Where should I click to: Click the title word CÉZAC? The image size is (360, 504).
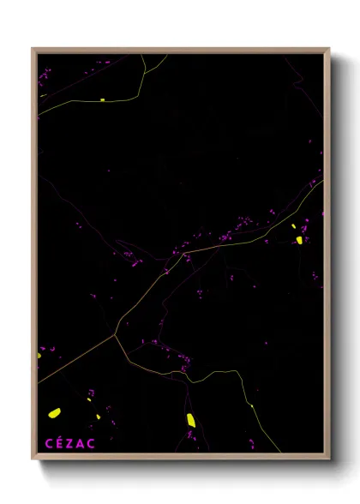click(70, 443)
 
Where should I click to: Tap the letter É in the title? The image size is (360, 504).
click(59, 443)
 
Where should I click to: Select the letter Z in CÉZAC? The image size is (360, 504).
click(70, 443)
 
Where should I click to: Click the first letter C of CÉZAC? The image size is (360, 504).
click(48, 443)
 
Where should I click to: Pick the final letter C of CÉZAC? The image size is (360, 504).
click(92, 443)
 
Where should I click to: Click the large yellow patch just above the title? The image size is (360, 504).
click(53, 413)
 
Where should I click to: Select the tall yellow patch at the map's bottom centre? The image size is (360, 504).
click(190, 419)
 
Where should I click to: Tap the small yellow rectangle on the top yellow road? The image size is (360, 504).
click(102, 99)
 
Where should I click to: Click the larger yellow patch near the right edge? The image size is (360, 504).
click(299, 240)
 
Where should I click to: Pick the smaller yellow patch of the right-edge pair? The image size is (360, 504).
click(293, 226)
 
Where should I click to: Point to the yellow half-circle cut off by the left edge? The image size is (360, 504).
click(39, 355)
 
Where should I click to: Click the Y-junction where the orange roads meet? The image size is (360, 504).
click(116, 333)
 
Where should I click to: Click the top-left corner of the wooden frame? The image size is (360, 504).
click(33, 49)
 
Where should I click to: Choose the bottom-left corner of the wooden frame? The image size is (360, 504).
click(33, 459)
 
